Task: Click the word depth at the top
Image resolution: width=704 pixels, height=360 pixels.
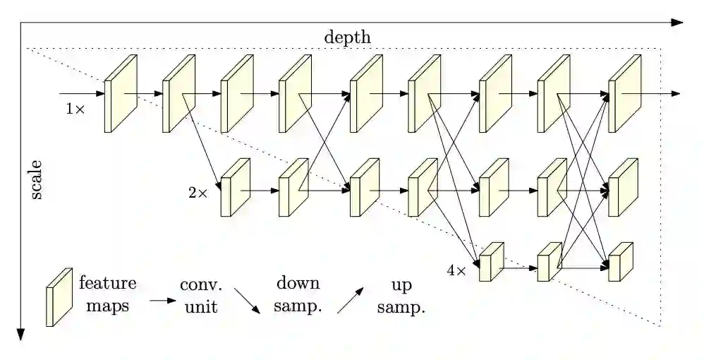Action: coord(347,37)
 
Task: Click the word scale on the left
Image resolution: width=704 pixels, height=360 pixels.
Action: coord(36,180)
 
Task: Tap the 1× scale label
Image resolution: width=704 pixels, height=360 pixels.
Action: coord(75,109)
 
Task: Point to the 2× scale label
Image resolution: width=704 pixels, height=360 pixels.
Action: coord(198,192)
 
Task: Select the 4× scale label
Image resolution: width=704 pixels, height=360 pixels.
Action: coord(456,270)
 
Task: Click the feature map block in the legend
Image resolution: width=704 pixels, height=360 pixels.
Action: coord(59,296)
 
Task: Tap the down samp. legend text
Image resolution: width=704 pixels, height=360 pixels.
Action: coord(297,296)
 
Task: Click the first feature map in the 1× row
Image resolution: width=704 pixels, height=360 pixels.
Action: coord(120,94)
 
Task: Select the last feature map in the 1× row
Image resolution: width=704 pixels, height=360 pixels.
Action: coord(623,94)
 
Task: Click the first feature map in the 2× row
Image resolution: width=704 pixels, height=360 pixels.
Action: coord(236,188)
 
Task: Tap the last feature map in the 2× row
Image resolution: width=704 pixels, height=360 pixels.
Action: coord(623,188)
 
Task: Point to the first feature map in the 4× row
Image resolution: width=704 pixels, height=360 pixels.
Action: coord(492,263)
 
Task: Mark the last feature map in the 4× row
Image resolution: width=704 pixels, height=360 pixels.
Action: coord(621,263)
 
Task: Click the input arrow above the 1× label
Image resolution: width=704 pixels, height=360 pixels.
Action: coord(81,93)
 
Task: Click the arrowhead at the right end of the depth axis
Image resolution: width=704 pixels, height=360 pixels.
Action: coord(678,23)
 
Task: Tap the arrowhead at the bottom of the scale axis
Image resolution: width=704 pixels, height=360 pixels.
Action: coord(21,335)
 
